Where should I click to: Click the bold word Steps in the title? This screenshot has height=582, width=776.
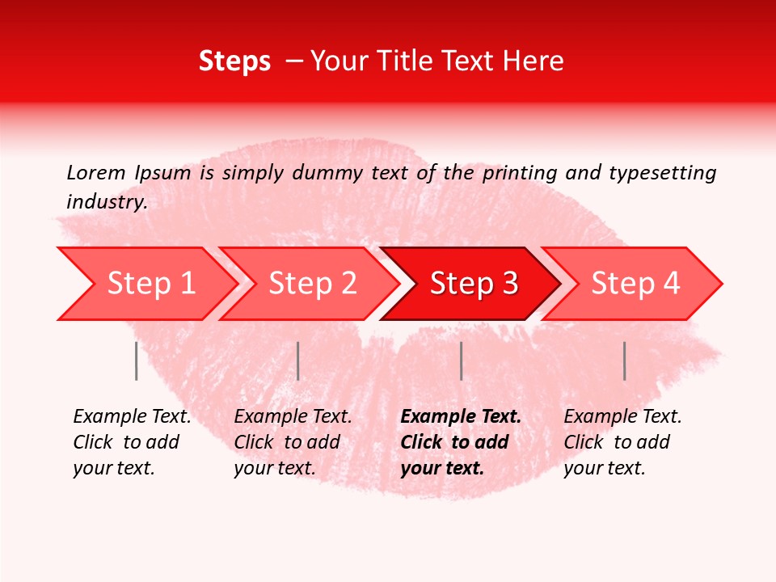[x=234, y=61]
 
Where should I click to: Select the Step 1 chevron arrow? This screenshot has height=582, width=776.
[x=145, y=284]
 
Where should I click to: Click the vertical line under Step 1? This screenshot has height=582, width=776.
[x=136, y=361]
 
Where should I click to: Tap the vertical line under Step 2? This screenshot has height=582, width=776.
[x=298, y=361]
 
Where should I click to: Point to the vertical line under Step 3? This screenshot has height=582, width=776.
[x=461, y=361]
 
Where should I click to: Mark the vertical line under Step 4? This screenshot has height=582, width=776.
[x=624, y=361]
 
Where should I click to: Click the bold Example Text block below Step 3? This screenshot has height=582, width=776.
[x=460, y=442]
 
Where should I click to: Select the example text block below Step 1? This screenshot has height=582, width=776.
[x=132, y=442]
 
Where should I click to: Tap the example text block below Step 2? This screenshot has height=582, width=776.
[x=293, y=442]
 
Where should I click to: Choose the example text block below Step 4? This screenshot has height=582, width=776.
[x=622, y=442]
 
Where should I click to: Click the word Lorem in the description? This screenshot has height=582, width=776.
[x=96, y=173]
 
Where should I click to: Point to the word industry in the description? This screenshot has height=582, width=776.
[x=106, y=202]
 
